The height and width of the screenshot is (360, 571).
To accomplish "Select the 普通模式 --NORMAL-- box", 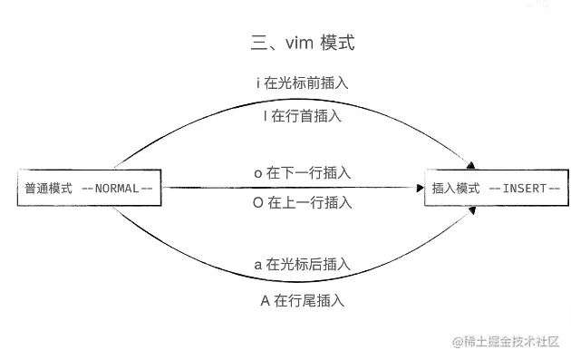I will [x=89, y=189].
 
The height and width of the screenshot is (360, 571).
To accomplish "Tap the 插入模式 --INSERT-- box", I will [x=496, y=189].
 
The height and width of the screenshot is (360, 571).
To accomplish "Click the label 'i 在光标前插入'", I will [x=303, y=83].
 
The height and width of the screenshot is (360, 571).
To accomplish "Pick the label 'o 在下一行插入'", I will [x=303, y=171].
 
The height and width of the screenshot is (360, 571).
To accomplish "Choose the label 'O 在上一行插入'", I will [x=303, y=203].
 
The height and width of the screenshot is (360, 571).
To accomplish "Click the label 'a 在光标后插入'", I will [x=303, y=265].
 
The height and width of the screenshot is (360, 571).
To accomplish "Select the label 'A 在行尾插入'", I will [x=303, y=299].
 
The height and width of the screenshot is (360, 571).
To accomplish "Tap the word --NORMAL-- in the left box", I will [x=117, y=189].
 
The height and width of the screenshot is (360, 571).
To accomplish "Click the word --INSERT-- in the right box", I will [x=525, y=189].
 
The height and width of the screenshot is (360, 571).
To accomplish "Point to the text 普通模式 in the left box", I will [x=48, y=189].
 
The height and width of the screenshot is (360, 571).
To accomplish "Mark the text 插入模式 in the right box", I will [x=456, y=189].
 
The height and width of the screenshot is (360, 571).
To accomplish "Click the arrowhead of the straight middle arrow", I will [x=421, y=189].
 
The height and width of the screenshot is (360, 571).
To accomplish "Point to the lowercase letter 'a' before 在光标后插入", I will [x=257, y=266].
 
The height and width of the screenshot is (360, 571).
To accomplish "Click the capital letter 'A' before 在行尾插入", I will [x=266, y=300].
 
